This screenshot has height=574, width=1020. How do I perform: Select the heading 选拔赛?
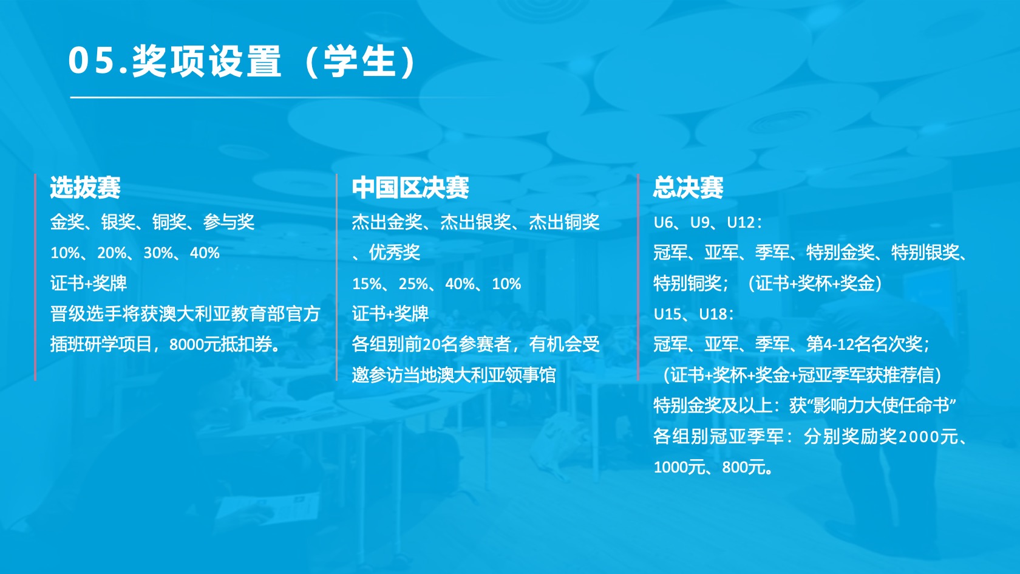tap(85, 187)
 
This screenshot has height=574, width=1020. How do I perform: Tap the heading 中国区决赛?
tap(410, 187)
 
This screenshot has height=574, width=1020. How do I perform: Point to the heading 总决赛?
tap(688, 187)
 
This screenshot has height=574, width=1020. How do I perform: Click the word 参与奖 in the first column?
tap(228, 222)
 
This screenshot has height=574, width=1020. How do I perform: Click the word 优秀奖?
tap(395, 253)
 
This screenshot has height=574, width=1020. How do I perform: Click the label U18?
tap(713, 314)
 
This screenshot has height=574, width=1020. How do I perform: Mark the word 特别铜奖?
tap(687, 283)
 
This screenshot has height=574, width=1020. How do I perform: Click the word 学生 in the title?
tap(359, 61)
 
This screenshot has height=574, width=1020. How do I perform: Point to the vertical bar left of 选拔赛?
tap(35, 277)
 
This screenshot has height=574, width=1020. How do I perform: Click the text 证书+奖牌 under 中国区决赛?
tap(390, 314)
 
